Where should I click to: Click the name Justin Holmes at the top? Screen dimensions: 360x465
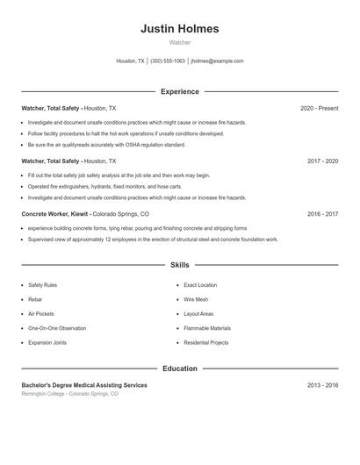(179, 29)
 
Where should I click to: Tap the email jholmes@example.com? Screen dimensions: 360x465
(217, 61)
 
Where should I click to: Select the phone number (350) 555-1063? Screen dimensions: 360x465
(168, 61)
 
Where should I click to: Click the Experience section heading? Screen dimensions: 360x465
(179, 91)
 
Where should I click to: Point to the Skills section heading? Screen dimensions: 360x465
(179, 264)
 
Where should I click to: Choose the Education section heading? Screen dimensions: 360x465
(179, 368)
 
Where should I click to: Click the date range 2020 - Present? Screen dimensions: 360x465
(319, 109)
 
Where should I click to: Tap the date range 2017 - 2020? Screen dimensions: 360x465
(322, 161)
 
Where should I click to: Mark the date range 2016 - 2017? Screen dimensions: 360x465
(322, 214)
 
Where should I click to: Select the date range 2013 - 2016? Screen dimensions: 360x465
(322, 385)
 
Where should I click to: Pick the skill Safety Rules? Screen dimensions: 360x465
(42, 285)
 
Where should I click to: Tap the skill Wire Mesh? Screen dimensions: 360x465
(196, 299)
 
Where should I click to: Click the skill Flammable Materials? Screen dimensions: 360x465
(206, 328)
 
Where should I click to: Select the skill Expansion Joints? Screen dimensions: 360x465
(47, 342)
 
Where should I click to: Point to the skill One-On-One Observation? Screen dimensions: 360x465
(57, 328)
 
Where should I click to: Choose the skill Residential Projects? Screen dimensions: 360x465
(206, 342)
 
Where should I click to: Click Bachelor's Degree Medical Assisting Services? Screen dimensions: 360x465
(84, 385)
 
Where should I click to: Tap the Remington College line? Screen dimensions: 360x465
(69, 394)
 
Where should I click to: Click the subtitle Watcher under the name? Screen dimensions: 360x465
(179, 42)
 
